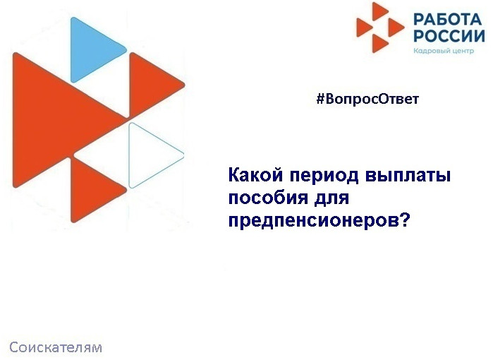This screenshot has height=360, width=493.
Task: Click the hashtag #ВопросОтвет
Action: tap(367, 99)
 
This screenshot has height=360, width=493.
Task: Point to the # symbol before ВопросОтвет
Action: tap(319, 99)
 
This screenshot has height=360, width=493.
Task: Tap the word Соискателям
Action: tap(56, 347)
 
